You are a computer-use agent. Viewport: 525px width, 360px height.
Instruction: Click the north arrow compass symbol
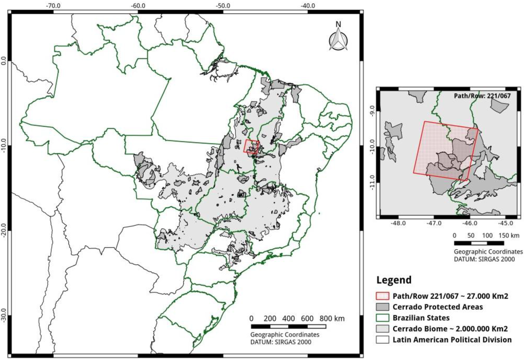[x=338, y=37]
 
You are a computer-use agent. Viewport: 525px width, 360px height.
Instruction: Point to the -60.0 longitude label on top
[x=137, y=5]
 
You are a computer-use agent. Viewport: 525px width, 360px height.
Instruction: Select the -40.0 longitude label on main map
[x=308, y=5]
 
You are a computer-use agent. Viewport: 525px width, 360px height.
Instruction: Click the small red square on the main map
[x=251, y=147]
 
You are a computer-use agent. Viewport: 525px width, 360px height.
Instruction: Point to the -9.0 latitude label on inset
[x=372, y=110]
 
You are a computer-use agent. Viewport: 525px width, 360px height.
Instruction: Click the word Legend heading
[x=394, y=280]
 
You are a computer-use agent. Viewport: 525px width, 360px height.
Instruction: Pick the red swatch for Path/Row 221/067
[x=382, y=296]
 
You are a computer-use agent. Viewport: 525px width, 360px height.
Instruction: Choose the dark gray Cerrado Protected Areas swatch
[x=382, y=307]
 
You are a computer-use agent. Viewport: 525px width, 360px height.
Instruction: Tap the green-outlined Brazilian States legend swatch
[x=382, y=318]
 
